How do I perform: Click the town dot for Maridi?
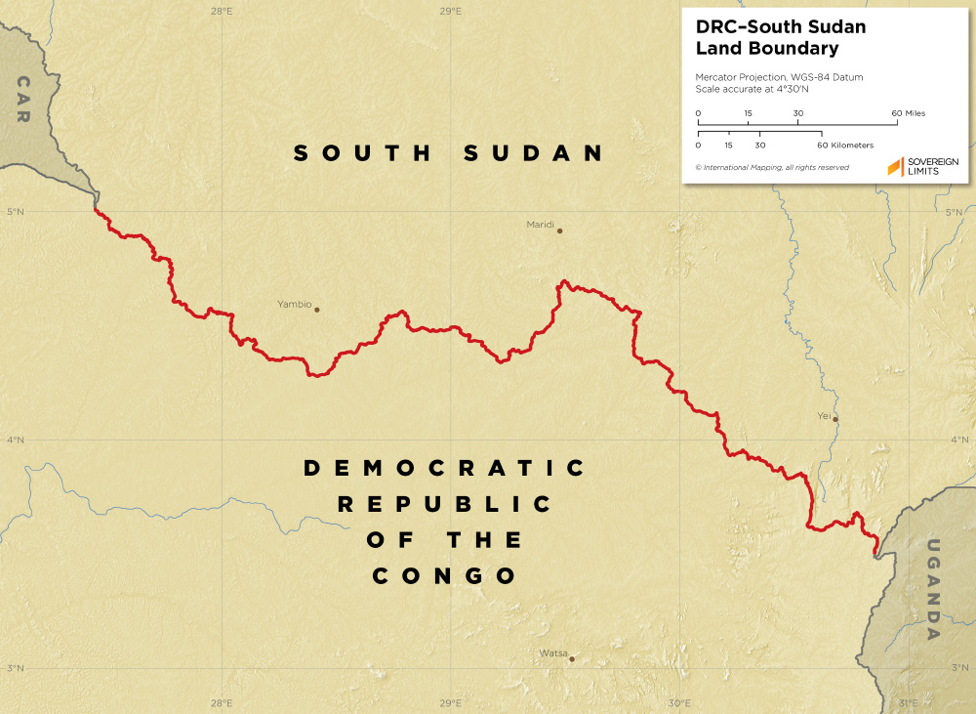[x=560, y=231]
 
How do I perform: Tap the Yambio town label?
[x=294, y=305]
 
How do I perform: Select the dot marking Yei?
[x=835, y=420]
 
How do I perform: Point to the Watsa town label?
[x=552, y=653]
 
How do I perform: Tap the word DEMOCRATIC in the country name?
[x=445, y=469]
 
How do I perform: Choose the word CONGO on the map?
[x=445, y=576]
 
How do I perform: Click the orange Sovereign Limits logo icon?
[x=895, y=167]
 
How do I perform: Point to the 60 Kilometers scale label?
[x=845, y=145]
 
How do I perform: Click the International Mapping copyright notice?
[x=772, y=167]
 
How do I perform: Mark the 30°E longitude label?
[x=680, y=703]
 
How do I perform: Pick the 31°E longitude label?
[x=908, y=703]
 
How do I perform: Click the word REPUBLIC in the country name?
[x=445, y=505]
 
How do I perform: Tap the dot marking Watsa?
[x=572, y=658]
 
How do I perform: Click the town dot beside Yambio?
[x=317, y=310]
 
